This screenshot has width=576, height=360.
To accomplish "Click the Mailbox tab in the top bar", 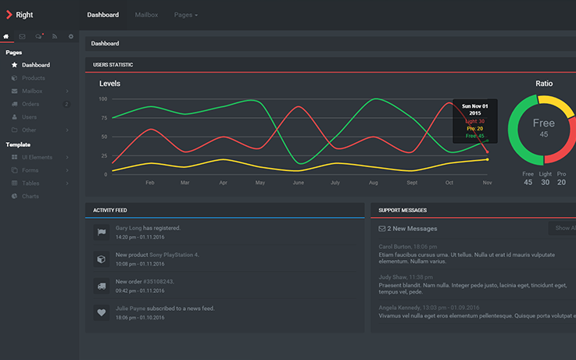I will tap(145, 15).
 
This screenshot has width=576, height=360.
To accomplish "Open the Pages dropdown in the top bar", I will tap(185, 15).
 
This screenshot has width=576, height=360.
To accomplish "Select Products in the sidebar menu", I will tap(34, 78).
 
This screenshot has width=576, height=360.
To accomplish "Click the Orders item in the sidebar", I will tap(30, 104).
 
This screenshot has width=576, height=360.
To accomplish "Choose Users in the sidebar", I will tap(29, 117).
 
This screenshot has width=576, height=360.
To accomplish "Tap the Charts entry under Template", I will tap(30, 196).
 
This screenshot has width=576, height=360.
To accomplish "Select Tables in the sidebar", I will tap(31, 183).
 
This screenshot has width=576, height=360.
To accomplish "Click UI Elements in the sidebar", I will tap(38, 157).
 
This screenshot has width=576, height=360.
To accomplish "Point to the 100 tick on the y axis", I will tap(103, 99).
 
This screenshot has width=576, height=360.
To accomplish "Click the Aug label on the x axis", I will tap(373, 183).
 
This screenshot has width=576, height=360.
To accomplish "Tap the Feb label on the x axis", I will tap(150, 183).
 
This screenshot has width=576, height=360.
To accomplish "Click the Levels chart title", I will tap(110, 83).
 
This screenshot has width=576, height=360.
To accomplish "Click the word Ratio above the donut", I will tap(544, 83).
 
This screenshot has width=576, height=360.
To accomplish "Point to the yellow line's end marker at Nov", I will tap(487, 159).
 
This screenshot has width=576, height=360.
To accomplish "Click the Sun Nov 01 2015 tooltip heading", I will tap(474, 109).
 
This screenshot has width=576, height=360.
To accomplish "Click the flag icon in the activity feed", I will tap(101, 232).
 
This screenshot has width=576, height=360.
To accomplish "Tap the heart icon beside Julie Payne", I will tap(101, 312).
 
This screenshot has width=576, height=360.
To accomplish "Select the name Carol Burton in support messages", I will tap(395, 247).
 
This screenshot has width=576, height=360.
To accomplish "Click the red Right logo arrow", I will tap(9, 14).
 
